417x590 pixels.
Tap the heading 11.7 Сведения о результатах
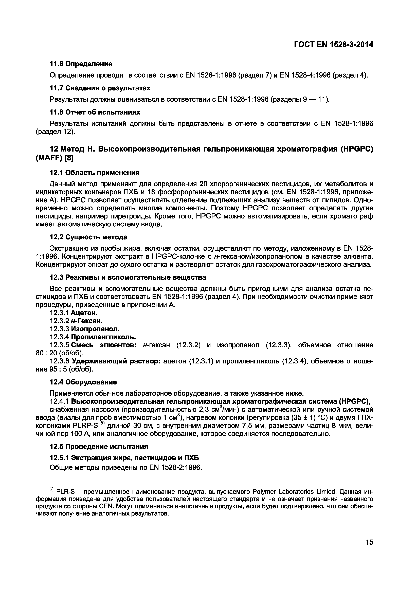[100, 88]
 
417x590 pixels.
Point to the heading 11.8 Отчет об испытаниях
[95, 112]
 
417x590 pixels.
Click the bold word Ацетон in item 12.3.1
[84, 313]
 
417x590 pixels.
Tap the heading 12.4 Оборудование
[83, 382]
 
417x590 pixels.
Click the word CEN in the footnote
[106, 506]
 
